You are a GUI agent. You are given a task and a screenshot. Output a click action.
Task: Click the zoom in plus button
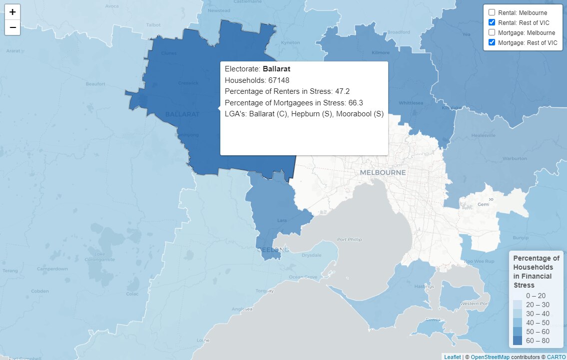click(12, 12)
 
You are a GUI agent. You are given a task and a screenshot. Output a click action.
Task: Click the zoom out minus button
click(12, 27)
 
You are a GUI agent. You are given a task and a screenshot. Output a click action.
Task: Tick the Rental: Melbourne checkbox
click(492, 12)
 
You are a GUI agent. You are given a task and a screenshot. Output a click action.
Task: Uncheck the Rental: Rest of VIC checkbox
click(492, 22)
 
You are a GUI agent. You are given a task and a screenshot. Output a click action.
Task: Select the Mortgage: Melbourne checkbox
click(492, 32)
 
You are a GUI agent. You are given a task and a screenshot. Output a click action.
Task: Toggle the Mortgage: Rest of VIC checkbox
click(492, 42)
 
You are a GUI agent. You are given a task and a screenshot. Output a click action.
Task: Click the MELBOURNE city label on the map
click(383, 172)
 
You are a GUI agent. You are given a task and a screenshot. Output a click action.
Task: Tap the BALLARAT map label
click(182, 114)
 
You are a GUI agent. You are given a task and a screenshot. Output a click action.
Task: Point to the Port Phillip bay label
click(349, 240)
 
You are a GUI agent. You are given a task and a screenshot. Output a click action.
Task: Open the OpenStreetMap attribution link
click(490, 357)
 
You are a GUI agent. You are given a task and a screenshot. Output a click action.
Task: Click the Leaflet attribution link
click(452, 357)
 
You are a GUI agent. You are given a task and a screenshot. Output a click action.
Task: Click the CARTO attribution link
click(556, 357)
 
